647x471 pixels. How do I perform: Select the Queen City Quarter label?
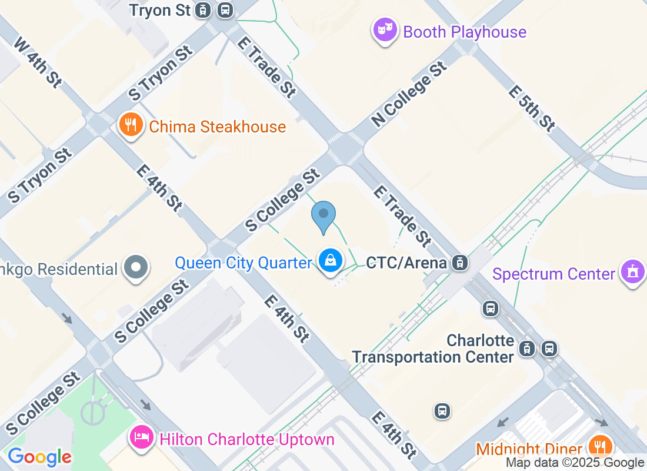click(243, 263)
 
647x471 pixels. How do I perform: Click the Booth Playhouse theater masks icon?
click(385, 29)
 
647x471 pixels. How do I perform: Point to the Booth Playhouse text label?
click(465, 32)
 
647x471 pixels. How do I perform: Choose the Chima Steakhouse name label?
click(217, 127)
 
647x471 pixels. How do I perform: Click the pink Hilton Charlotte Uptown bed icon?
click(142, 437)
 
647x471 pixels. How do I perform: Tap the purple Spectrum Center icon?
click(633, 273)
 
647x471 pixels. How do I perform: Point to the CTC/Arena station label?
click(406, 263)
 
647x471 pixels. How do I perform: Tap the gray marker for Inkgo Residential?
click(136, 267)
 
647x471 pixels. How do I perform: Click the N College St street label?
click(409, 95)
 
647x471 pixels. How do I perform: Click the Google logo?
click(39, 457)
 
